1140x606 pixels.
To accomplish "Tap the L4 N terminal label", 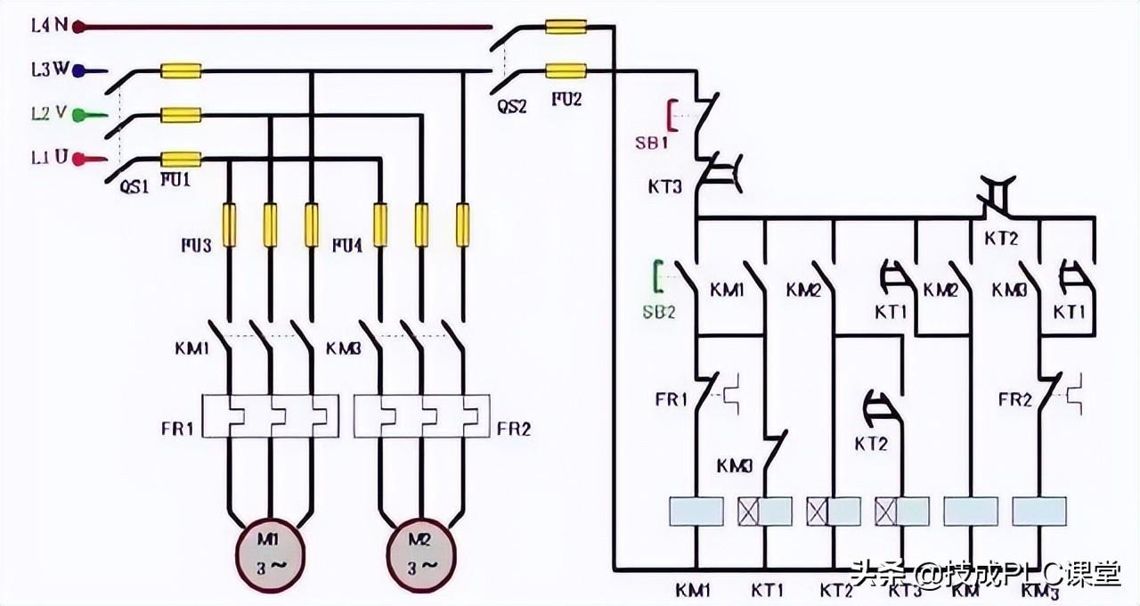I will [50, 26].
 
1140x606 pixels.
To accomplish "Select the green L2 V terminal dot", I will [77, 114].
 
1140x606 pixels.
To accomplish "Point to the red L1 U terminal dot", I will [77, 160].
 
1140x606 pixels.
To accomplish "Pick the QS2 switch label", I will [512, 106].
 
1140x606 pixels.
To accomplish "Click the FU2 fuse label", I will [566, 100].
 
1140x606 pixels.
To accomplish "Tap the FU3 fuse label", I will [194, 244].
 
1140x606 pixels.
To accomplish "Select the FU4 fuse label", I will [347, 244].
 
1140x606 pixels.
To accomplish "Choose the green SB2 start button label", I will [660, 311].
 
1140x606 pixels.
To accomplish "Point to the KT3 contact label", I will [665, 187].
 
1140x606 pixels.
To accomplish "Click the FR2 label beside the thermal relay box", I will [514, 430].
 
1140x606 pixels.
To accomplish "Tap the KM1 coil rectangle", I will [696, 511].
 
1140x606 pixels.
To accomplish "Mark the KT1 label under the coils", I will [767, 590].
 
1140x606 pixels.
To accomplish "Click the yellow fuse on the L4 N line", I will [566, 28].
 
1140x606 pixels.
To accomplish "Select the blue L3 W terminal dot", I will [77, 70].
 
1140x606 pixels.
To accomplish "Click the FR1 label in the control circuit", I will [672, 399].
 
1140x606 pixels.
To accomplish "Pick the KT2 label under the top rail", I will [1000, 239].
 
